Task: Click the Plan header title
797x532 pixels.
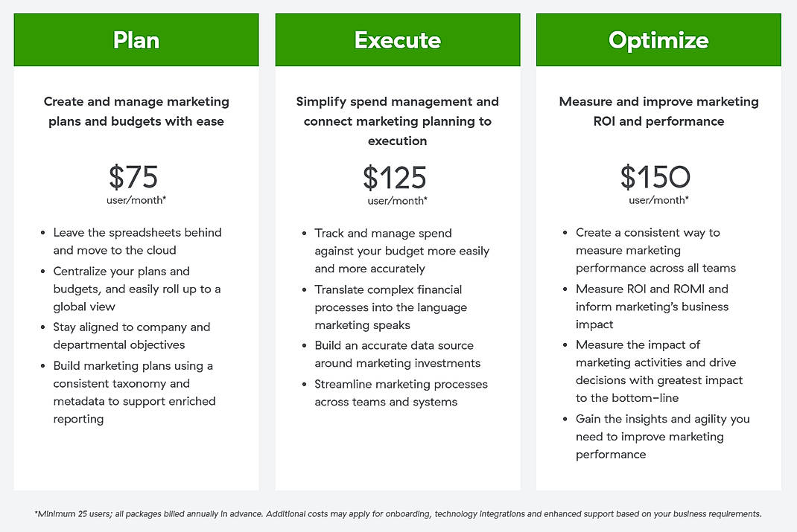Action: (136, 39)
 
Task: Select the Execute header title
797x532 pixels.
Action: (398, 39)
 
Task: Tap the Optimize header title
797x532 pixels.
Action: (658, 39)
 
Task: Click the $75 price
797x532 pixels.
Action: (134, 177)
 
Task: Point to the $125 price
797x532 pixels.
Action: (395, 178)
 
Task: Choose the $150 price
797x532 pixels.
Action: (655, 177)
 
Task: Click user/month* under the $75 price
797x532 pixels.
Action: (136, 200)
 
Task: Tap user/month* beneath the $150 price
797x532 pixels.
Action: (658, 200)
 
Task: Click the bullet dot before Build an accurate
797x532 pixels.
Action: (305, 346)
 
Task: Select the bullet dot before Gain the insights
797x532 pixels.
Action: (566, 420)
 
